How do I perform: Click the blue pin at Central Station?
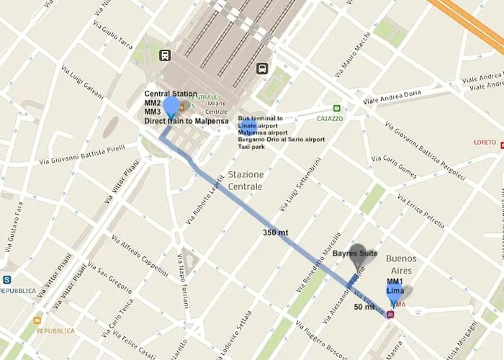(171, 106)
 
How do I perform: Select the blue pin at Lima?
(395, 293)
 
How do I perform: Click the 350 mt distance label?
(275, 233)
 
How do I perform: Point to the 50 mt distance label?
(364, 307)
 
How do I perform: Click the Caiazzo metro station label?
(330, 118)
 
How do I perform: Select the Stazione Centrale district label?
(246, 181)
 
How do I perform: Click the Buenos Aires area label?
(402, 265)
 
